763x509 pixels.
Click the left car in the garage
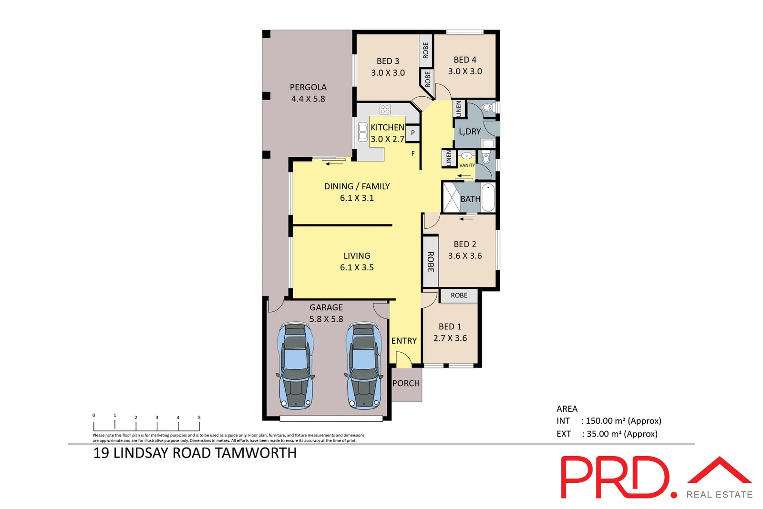pos(296,366)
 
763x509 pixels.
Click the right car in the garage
pos(364,366)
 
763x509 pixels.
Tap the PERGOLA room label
pos(308,87)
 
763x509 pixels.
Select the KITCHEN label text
pos(387,127)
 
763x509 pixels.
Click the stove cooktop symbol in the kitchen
pos(385,109)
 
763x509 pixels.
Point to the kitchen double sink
pos(363,132)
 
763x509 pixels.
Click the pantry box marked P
pos(413,133)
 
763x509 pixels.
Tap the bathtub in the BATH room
pos(488,198)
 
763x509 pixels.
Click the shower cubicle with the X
pos(451,197)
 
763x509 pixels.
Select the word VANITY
pos(467,165)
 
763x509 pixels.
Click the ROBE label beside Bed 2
pos(430,262)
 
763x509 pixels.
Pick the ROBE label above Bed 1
pos(459,295)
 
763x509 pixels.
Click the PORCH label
pos(406,383)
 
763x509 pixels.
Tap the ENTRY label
pos(404,341)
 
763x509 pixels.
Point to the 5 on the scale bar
pos(199,417)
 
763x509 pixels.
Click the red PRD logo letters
pos(615,477)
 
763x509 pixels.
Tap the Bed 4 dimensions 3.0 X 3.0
pos(465,71)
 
